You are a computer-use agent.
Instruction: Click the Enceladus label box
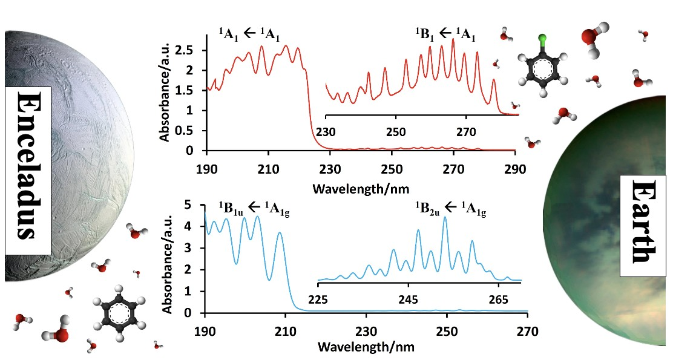click(x=28, y=171)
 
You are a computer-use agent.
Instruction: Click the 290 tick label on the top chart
click(x=515, y=169)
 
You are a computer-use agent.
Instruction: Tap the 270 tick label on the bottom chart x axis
click(x=528, y=331)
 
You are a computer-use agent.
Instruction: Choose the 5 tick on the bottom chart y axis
click(x=187, y=205)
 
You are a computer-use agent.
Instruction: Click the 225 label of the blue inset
click(x=318, y=299)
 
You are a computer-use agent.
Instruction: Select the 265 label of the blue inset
click(x=498, y=299)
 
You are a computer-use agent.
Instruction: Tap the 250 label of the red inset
click(x=396, y=132)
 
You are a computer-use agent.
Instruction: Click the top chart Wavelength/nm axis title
click(x=361, y=188)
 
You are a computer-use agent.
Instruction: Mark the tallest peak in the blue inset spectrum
click(x=445, y=218)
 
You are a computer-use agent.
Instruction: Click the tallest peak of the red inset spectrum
click(x=453, y=40)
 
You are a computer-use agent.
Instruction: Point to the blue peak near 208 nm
click(x=280, y=234)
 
